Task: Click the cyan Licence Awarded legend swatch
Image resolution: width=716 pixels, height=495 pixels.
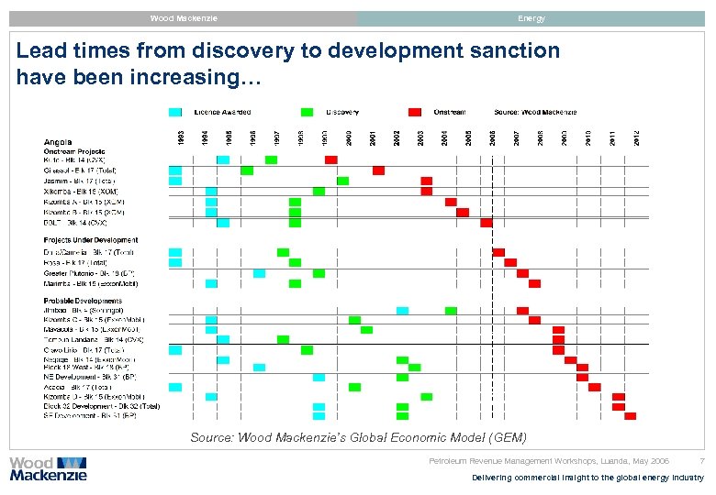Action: coord(175,112)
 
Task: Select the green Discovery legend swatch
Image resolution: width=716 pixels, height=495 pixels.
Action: coord(307,112)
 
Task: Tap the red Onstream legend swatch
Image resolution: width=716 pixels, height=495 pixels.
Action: coord(415,112)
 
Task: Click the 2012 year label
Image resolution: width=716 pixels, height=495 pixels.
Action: coord(635,137)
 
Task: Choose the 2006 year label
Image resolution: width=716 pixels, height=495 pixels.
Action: coord(492,137)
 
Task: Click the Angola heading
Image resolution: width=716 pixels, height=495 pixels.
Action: coord(57,142)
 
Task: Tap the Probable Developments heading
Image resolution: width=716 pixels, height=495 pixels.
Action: coord(84,301)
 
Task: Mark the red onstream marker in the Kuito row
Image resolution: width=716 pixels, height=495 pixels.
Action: coord(330,159)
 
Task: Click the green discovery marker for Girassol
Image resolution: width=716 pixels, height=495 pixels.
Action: coord(247,170)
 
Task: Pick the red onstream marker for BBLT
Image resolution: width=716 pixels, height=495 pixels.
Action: coord(487,222)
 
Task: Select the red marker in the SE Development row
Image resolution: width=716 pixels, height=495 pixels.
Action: coord(630,416)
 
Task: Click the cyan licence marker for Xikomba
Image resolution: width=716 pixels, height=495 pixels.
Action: coord(211,191)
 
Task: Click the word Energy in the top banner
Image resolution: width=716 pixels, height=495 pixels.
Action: coord(531,18)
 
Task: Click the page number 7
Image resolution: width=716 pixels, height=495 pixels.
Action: coord(701,461)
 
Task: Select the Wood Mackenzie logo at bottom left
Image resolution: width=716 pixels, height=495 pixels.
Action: coord(48,468)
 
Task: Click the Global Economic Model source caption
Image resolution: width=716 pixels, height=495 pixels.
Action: coord(359,437)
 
